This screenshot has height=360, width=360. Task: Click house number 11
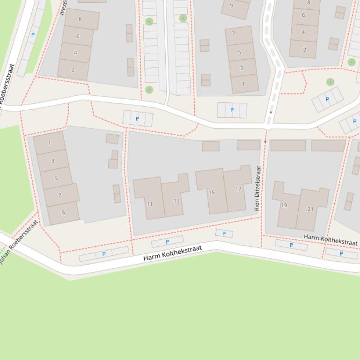click(x=150, y=203)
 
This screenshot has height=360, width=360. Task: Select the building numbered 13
click(x=176, y=201)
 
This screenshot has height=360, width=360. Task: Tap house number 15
click(x=212, y=192)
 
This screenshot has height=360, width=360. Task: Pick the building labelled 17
click(x=238, y=189)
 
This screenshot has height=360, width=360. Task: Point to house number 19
click(x=284, y=205)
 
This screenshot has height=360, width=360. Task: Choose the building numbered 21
click(x=310, y=209)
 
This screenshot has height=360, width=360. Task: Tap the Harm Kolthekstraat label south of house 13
click(x=172, y=253)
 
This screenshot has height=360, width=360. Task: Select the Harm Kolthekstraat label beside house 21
click(x=331, y=240)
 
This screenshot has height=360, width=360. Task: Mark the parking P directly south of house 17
click(x=224, y=233)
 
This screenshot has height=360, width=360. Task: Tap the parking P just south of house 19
click(x=291, y=245)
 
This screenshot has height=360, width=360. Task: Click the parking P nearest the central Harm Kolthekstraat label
click(x=167, y=242)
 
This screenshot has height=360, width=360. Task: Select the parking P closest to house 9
click(x=104, y=254)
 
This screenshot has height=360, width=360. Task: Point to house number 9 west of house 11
click(x=63, y=213)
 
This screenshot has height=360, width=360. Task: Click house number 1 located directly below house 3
click(x=243, y=84)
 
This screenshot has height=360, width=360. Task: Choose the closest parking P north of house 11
click(x=137, y=119)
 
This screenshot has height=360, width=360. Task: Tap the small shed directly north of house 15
click(x=211, y=146)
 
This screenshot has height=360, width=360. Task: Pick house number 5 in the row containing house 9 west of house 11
click(x=56, y=178)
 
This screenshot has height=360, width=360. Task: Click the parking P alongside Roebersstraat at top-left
click(x=33, y=35)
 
